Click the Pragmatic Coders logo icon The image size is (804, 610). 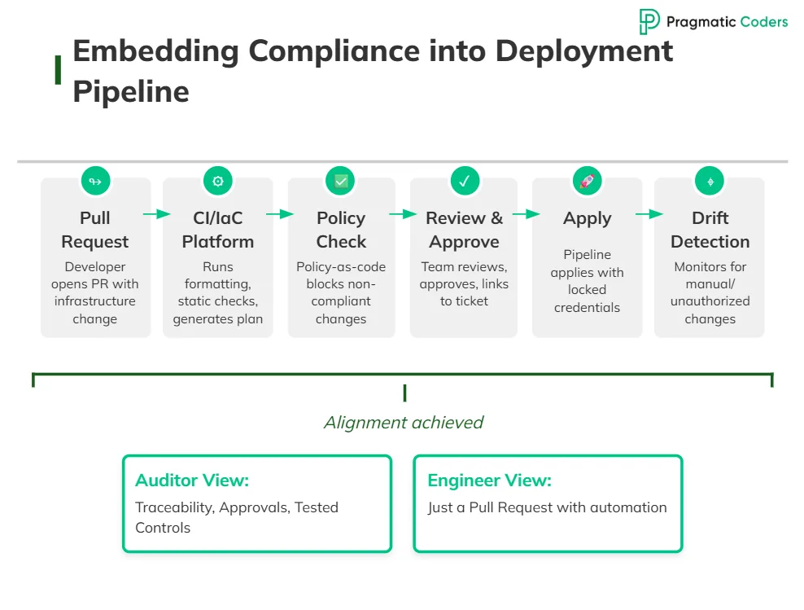(x=649, y=22)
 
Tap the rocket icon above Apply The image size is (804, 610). (x=587, y=181)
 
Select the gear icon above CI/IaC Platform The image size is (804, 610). (x=218, y=181)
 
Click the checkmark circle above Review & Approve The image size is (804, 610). (x=464, y=181)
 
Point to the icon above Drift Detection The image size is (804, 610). (x=710, y=181)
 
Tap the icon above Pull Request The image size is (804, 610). (x=95, y=181)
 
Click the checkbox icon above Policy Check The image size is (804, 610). (x=341, y=181)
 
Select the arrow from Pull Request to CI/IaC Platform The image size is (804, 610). (x=157, y=214)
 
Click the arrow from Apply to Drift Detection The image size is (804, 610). (x=649, y=214)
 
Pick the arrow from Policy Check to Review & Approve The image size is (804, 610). (x=403, y=214)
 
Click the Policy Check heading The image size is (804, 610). (x=341, y=230)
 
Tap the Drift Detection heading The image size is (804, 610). (x=710, y=230)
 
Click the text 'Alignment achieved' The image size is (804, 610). (x=404, y=423)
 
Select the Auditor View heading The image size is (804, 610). (x=192, y=481)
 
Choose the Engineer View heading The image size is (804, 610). (x=489, y=481)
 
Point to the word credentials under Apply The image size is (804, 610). (x=587, y=308)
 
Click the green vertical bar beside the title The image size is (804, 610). (x=59, y=70)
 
